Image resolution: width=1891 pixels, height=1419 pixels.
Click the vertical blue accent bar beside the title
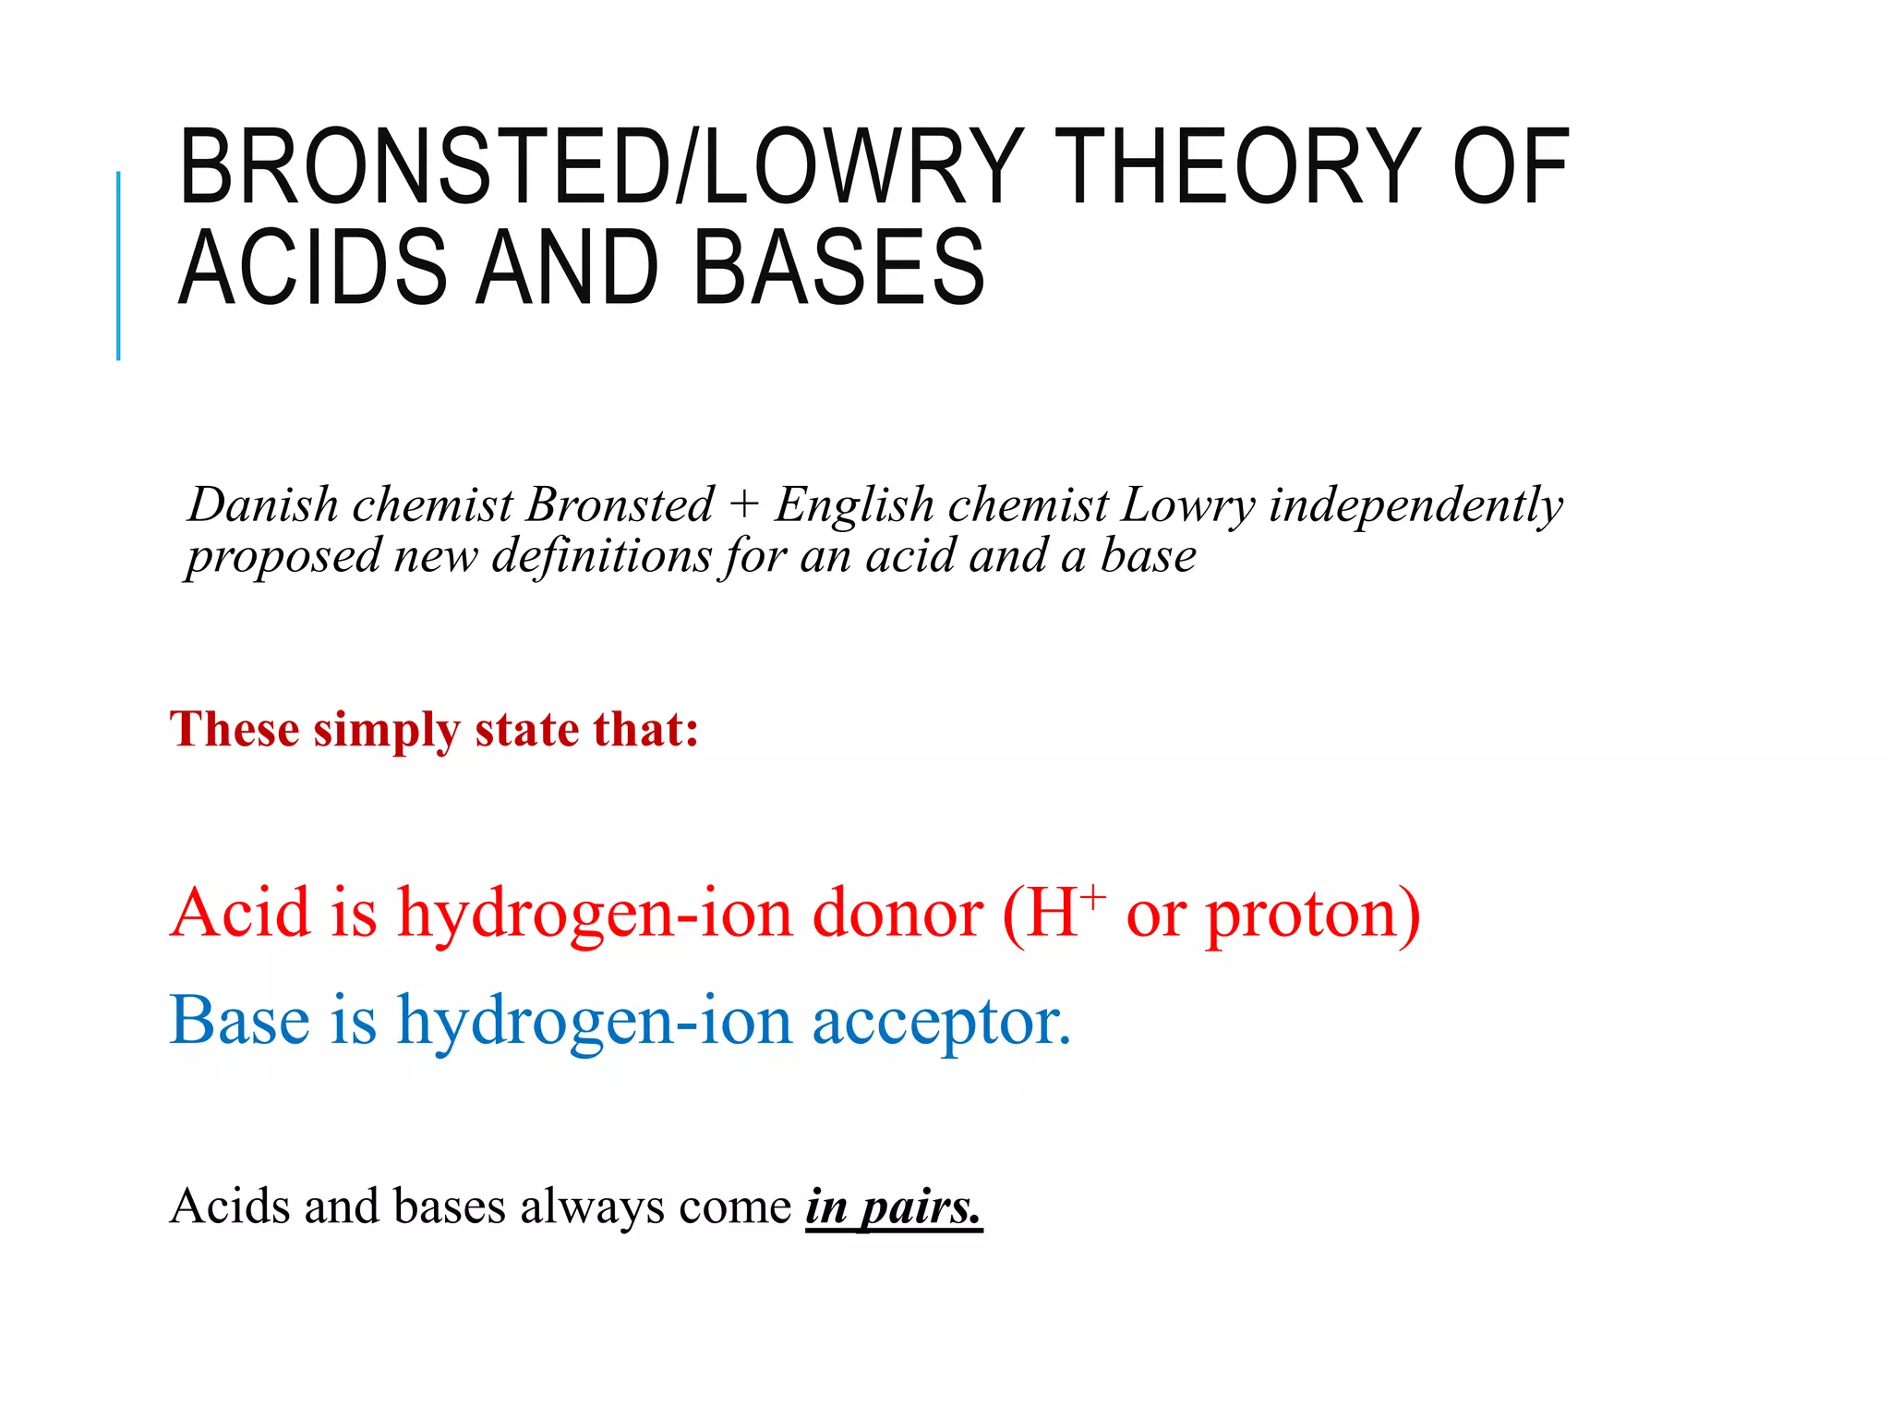118,265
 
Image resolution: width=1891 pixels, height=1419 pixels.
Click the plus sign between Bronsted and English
743,505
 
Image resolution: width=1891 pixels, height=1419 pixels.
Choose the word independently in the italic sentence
1415,505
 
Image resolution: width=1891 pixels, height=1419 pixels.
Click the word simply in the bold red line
386,730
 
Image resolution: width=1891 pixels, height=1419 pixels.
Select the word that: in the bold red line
645,730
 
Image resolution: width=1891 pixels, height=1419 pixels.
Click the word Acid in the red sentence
241,913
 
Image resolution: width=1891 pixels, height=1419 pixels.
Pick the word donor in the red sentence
897,913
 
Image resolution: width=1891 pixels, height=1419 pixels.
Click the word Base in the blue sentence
240,1021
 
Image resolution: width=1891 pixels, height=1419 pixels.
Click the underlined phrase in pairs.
893,1207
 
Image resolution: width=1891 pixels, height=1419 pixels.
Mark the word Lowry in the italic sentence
1187,505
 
